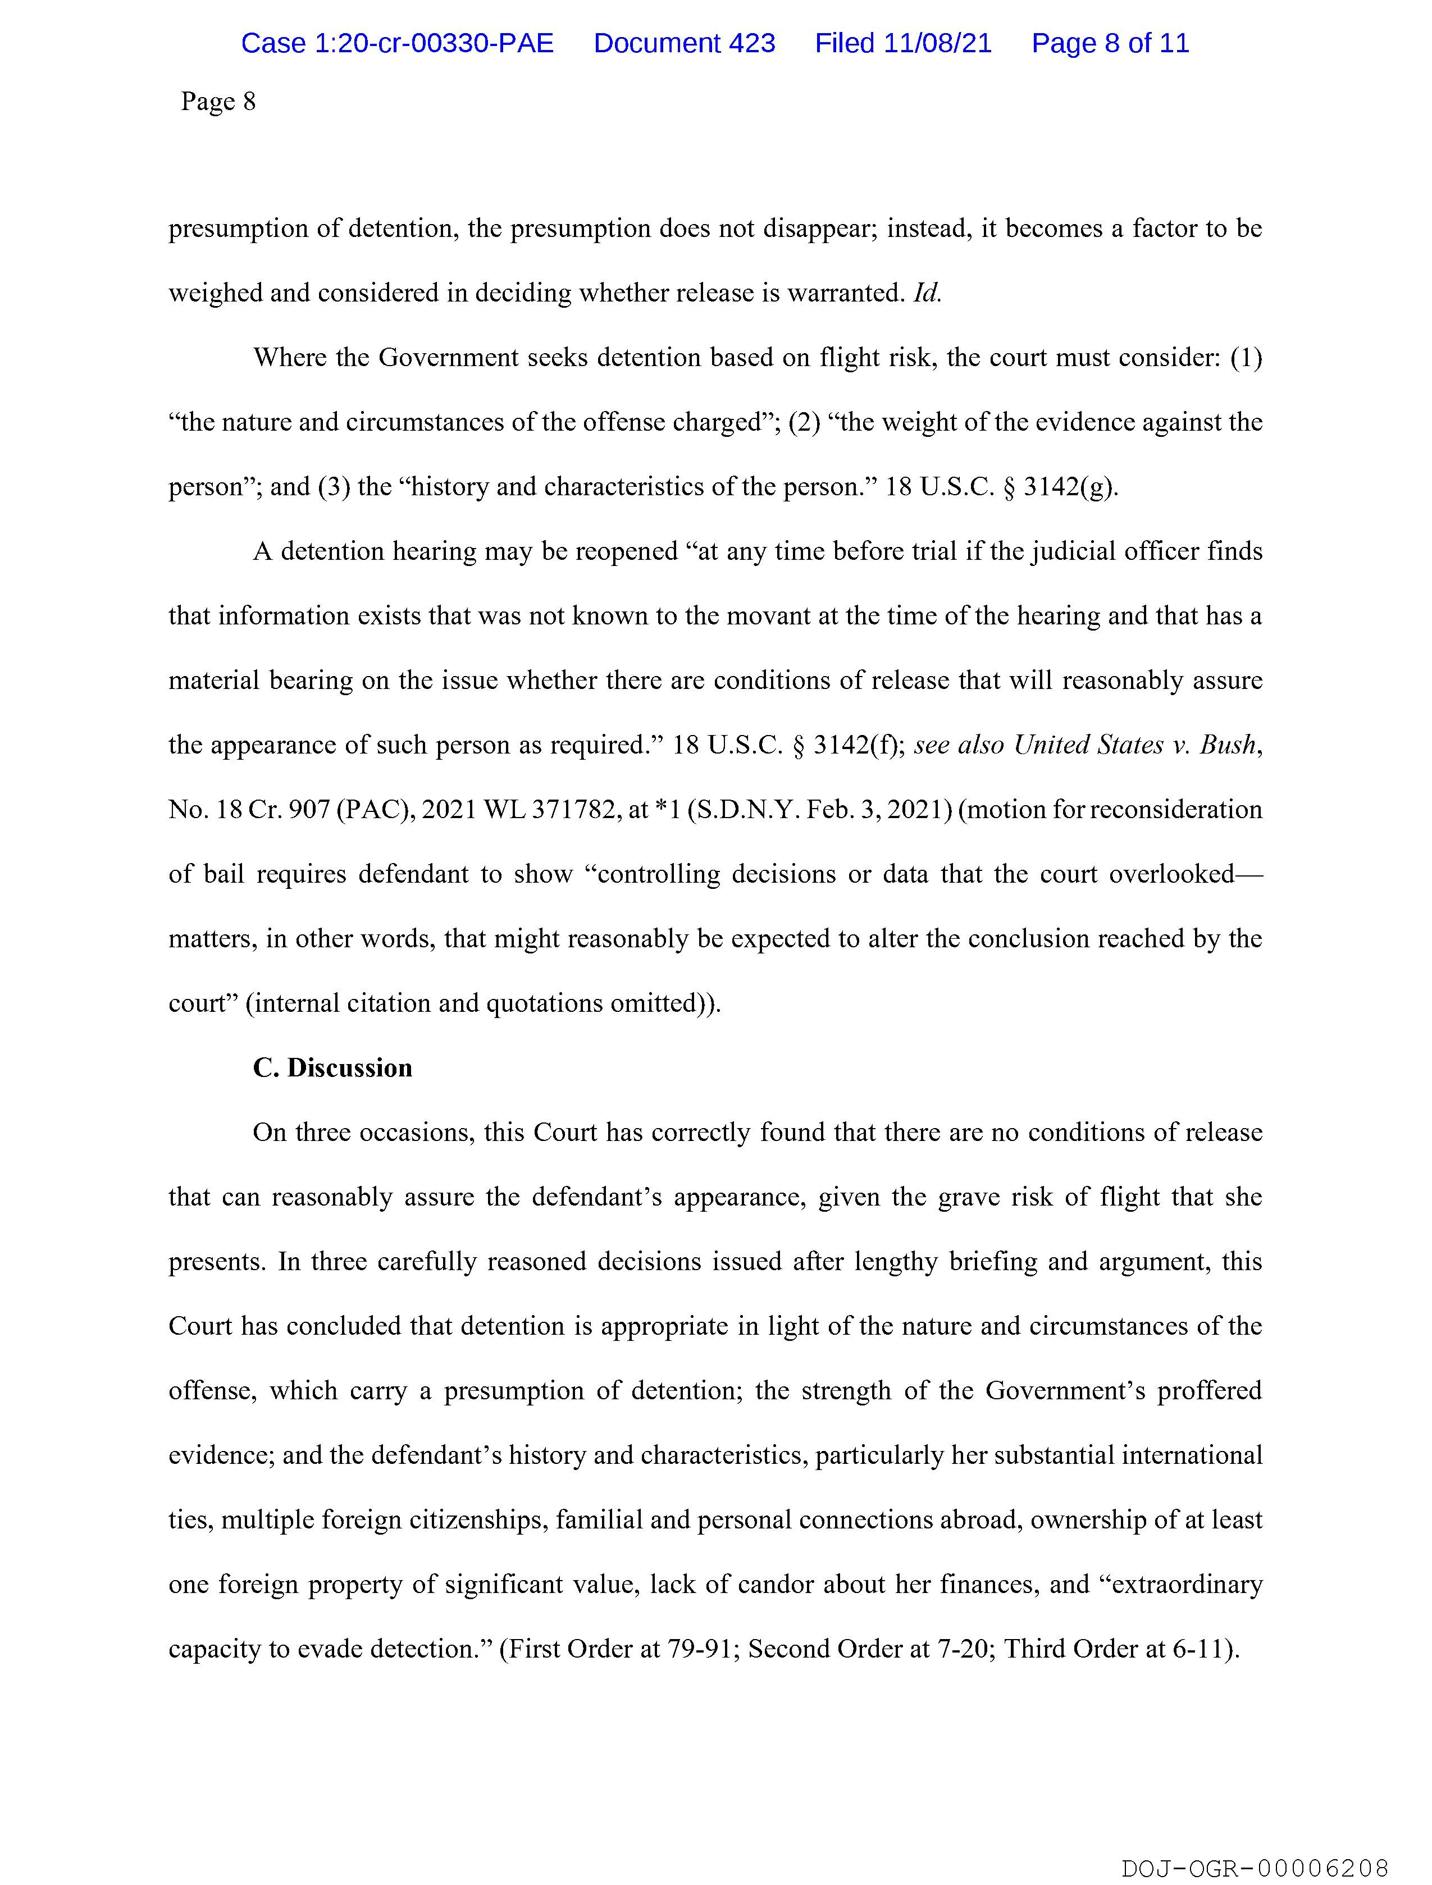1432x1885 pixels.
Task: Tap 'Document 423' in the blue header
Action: coord(685,43)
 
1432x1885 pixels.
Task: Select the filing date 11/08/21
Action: coord(938,43)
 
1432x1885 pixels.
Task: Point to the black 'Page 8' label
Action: coord(218,102)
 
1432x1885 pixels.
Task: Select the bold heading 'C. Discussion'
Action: coord(332,1068)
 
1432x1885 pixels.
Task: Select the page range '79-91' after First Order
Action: coord(704,1649)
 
